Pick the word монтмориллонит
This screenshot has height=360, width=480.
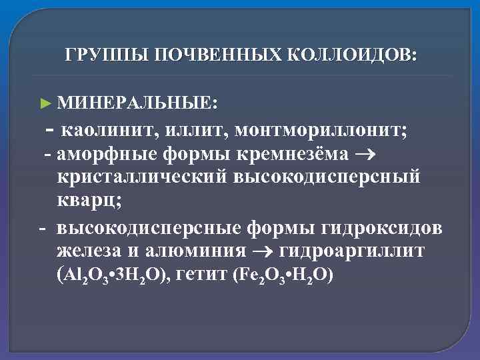click(307, 129)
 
